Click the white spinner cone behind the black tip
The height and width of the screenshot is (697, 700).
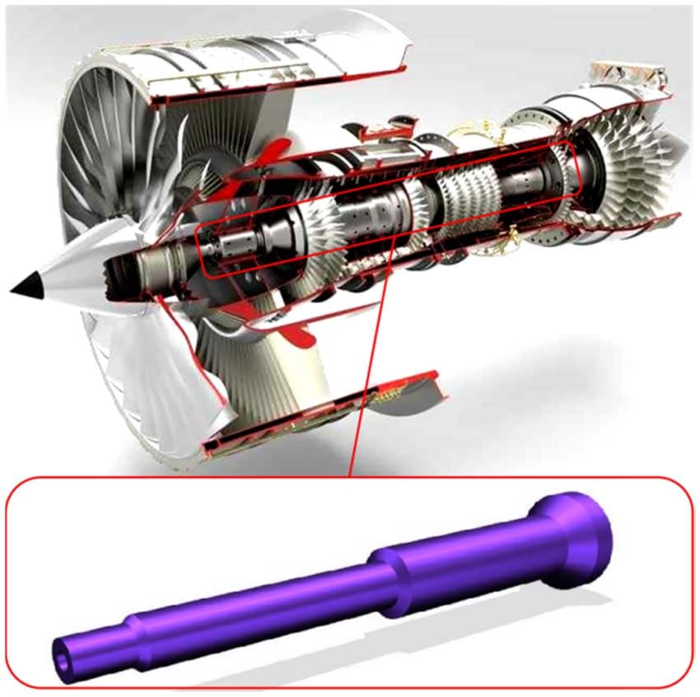(x=70, y=273)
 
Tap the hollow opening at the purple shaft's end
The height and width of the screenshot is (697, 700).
(x=63, y=650)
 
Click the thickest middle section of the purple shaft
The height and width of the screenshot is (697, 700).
(x=461, y=568)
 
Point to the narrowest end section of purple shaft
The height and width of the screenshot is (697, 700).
(x=91, y=643)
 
